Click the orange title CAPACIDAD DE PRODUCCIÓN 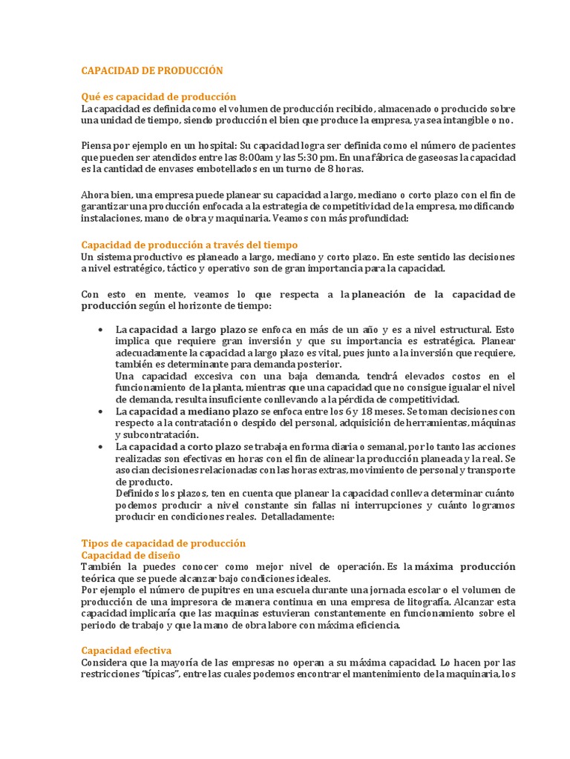151,70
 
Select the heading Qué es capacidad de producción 158,96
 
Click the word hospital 202,145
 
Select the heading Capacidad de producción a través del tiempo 189,245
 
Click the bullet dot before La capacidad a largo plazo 99,328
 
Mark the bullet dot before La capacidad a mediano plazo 99,411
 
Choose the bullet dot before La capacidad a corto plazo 99,447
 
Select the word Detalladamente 297,517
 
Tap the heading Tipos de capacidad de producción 163,543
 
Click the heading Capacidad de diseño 130,554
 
